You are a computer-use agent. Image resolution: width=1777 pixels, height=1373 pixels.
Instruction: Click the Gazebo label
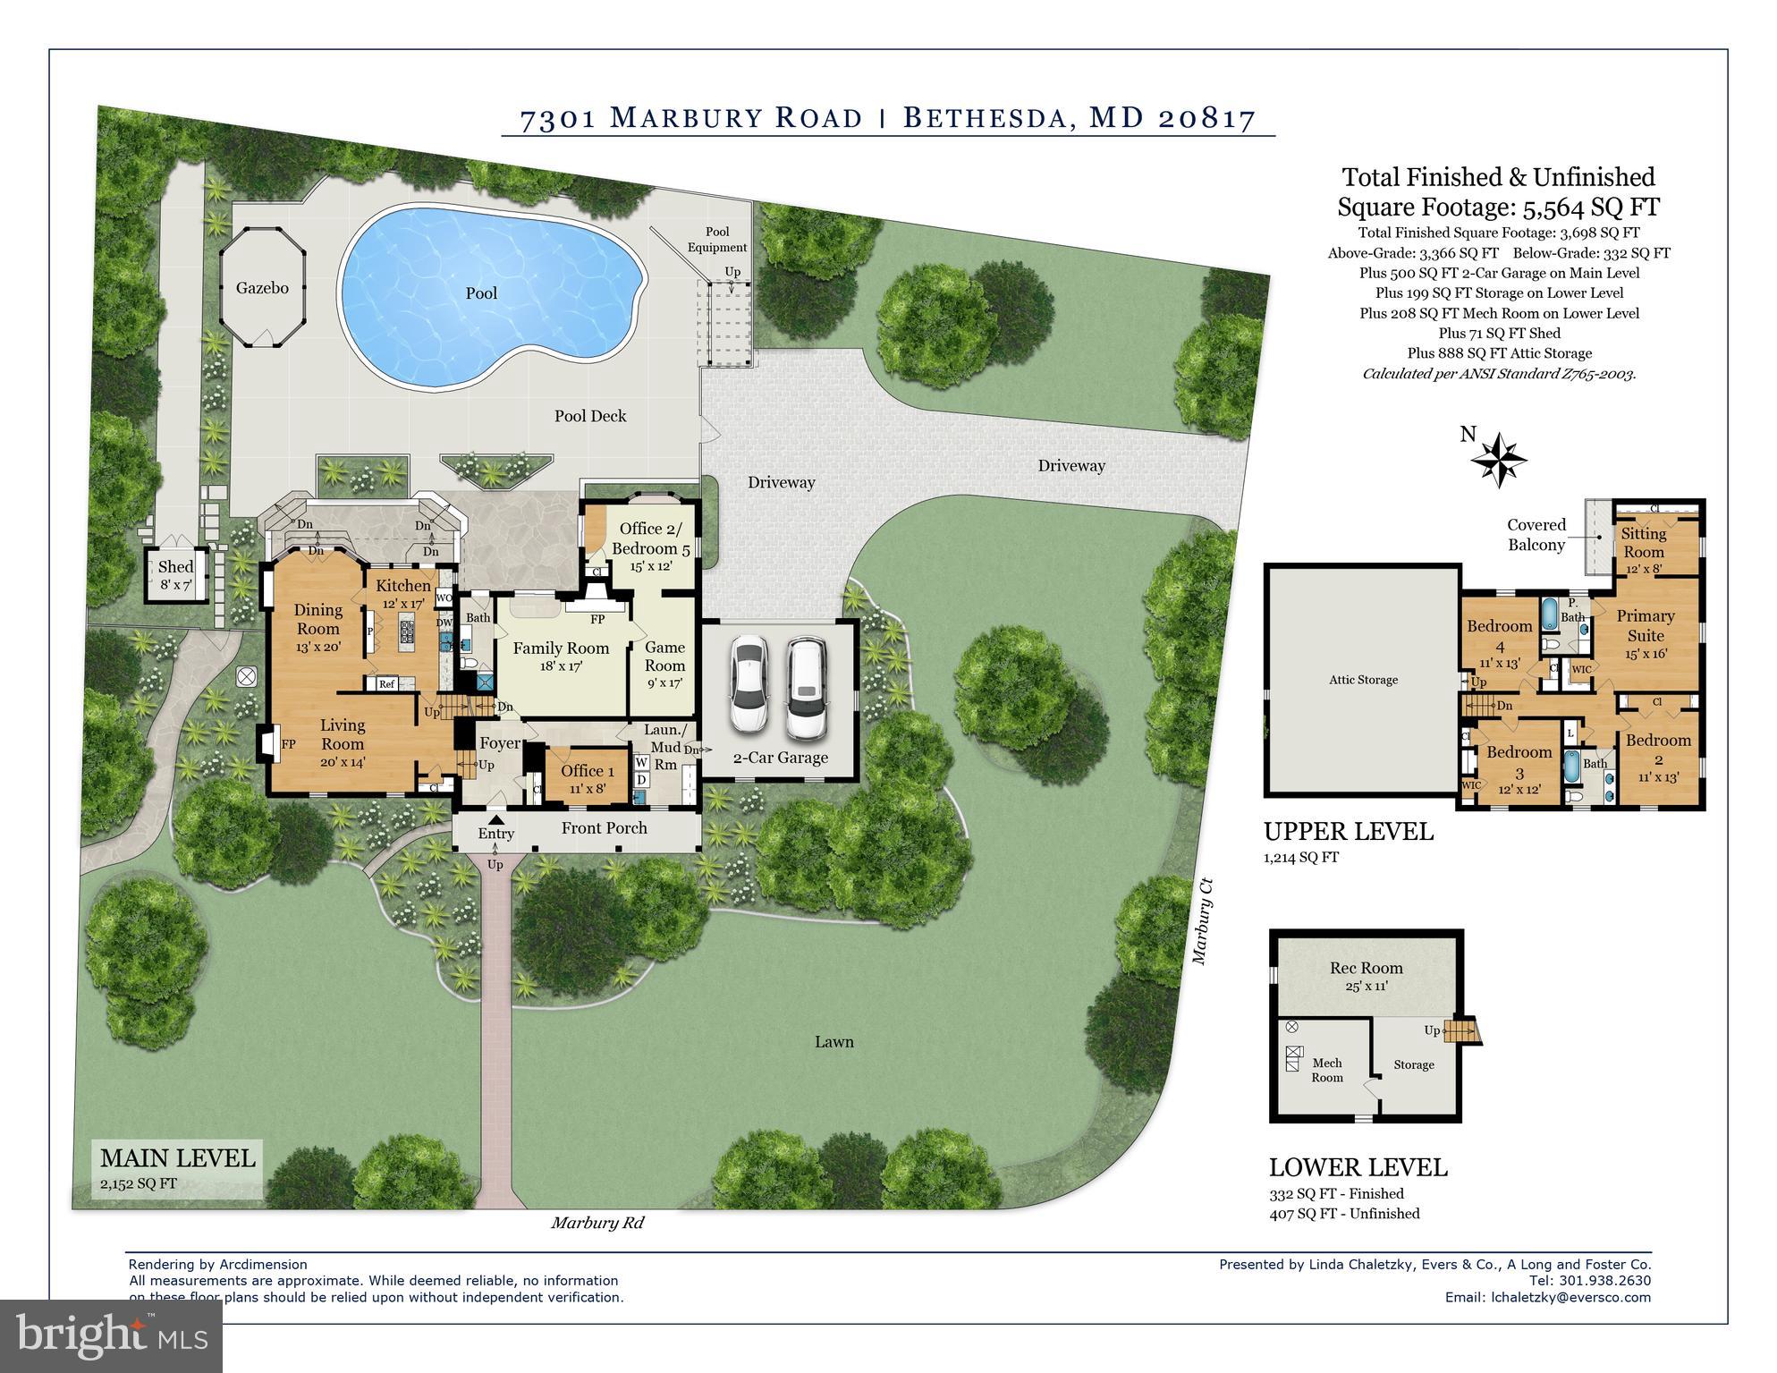click(262, 288)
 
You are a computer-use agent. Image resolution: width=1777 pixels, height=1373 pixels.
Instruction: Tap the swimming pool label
click(481, 293)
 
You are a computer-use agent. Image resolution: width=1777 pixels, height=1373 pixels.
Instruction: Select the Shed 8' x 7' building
click(175, 575)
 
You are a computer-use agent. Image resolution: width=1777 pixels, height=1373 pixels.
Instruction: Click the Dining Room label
click(317, 619)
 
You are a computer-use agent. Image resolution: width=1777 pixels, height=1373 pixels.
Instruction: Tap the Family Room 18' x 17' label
click(561, 656)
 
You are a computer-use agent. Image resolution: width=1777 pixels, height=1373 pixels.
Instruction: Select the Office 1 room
click(587, 777)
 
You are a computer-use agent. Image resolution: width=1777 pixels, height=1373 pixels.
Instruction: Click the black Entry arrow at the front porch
click(495, 818)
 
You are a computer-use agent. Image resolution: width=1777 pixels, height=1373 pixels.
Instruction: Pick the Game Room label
click(664, 656)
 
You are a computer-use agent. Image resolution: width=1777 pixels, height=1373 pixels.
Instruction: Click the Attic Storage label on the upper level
click(1363, 680)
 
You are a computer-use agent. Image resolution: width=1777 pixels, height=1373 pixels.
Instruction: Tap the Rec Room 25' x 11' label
click(1366, 975)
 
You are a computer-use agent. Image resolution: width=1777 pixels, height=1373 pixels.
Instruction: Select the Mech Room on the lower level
click(1327, 1070)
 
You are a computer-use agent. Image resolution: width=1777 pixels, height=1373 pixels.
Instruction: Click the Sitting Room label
click(1644, 542)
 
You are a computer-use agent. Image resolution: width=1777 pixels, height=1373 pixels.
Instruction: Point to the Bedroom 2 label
click(1658, 749)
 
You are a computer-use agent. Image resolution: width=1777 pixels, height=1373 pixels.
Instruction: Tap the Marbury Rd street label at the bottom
click(597, 1223)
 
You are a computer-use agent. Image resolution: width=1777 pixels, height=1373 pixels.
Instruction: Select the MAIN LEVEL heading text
click(177, 1158)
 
